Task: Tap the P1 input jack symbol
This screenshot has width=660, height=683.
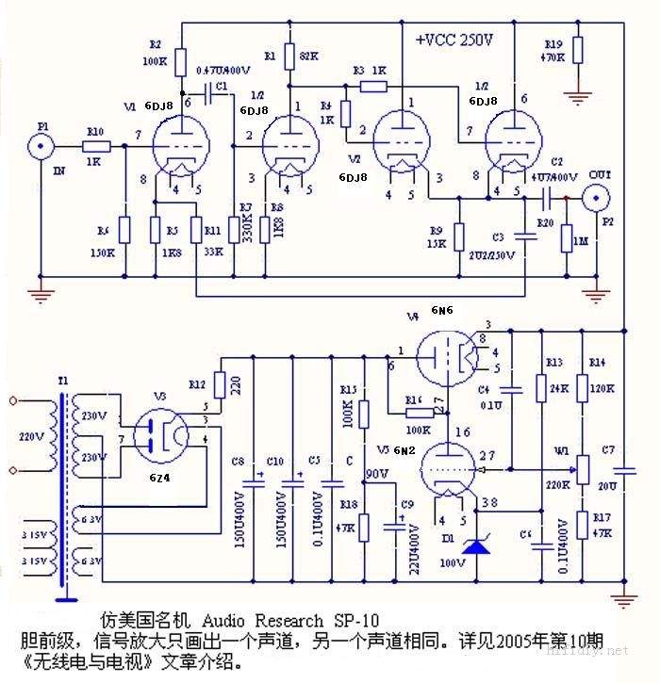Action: click(41, 146)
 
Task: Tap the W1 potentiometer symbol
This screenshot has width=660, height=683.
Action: click(582, 467)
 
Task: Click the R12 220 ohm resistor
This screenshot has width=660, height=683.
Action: click(220, 384)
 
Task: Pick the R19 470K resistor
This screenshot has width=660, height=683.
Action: click(578, 50)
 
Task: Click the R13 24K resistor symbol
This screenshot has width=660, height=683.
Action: click(541, 386)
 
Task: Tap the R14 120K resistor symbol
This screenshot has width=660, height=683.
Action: click(583, 386)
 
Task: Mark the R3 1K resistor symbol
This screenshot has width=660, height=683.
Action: click(372, 87)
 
